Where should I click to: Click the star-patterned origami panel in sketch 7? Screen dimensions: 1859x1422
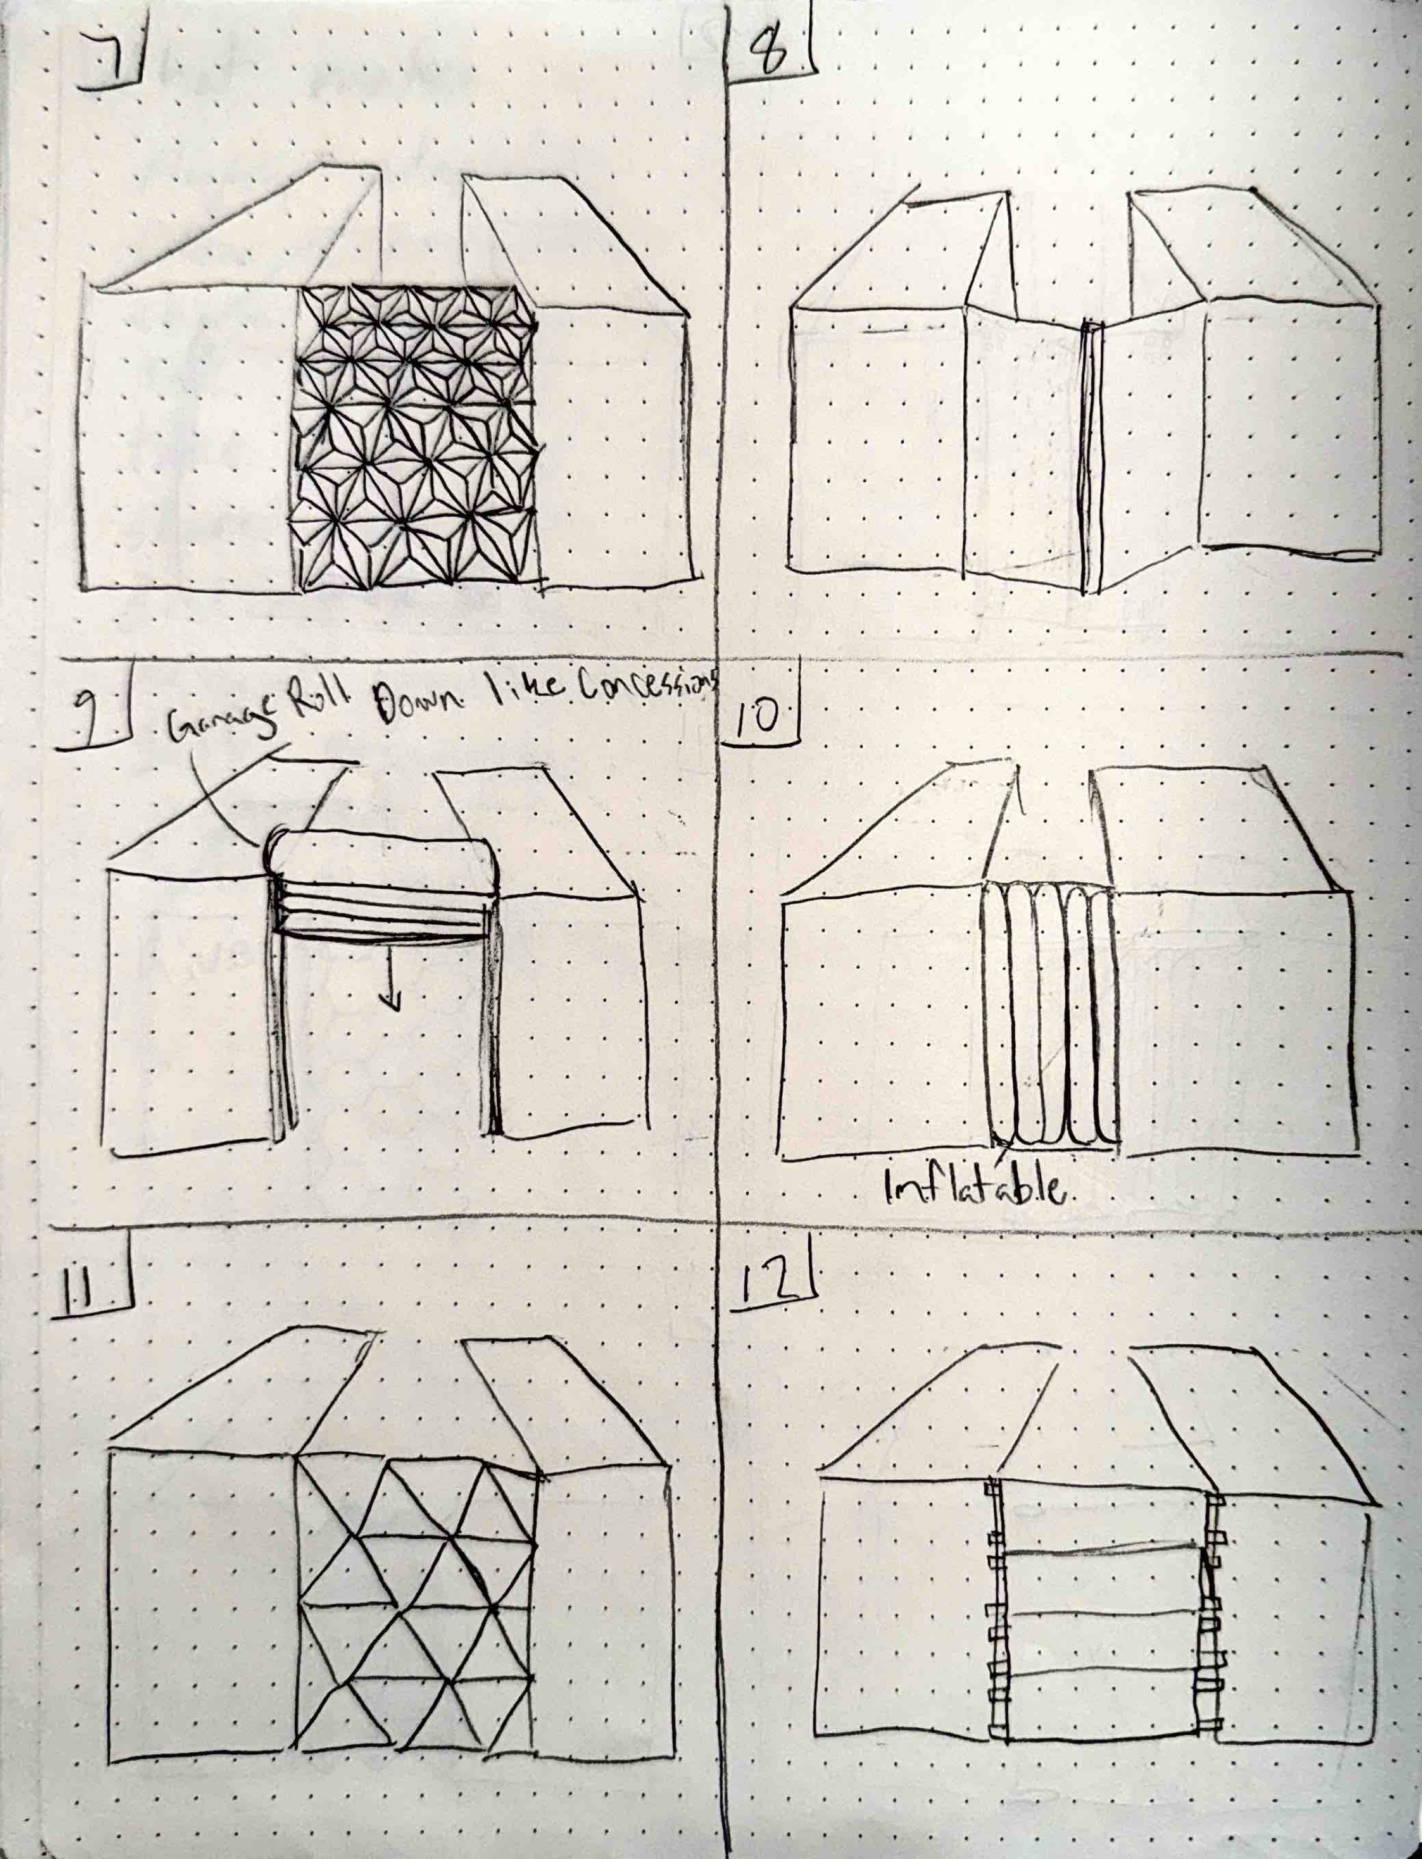(x=415, y=436)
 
